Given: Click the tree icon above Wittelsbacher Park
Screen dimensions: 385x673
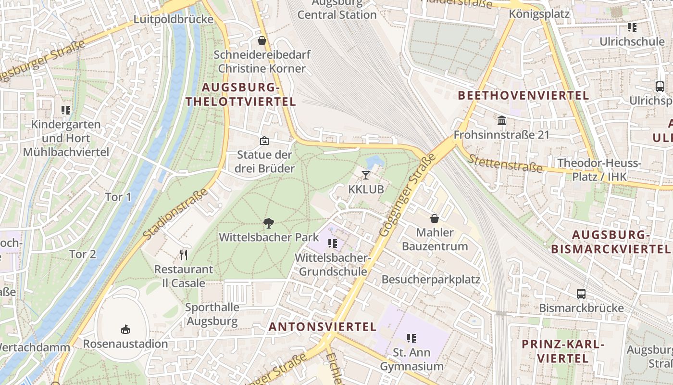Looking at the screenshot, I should (269, 223).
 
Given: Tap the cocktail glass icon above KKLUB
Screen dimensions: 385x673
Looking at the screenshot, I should (366, 175).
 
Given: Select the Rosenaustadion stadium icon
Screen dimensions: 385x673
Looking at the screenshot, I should (125, 330).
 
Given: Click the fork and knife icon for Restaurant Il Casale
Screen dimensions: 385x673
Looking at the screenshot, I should (183, 255).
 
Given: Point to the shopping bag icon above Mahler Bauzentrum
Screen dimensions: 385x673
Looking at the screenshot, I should (435, 218).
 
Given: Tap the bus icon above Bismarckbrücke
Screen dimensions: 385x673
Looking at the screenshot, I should (581, 294).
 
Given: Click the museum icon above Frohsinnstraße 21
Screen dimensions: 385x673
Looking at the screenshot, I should (502, 120).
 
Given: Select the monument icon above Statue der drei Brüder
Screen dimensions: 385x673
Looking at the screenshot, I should (264, 141).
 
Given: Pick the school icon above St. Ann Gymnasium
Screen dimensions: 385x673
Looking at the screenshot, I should (411, 338).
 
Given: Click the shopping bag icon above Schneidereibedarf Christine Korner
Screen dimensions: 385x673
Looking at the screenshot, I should (262, 40).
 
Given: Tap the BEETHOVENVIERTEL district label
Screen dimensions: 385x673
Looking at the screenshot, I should (523, 95).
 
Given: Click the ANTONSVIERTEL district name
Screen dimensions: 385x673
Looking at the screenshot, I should (323, 327).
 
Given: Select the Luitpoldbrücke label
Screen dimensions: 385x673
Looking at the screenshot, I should (173, 20).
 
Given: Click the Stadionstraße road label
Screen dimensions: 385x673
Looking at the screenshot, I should (176, 215).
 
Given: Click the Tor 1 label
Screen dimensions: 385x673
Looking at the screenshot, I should (118, 197).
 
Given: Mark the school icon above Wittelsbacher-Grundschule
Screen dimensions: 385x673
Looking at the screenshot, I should (332, 244).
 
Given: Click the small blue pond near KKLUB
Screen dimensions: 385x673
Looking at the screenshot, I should (374, 161).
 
